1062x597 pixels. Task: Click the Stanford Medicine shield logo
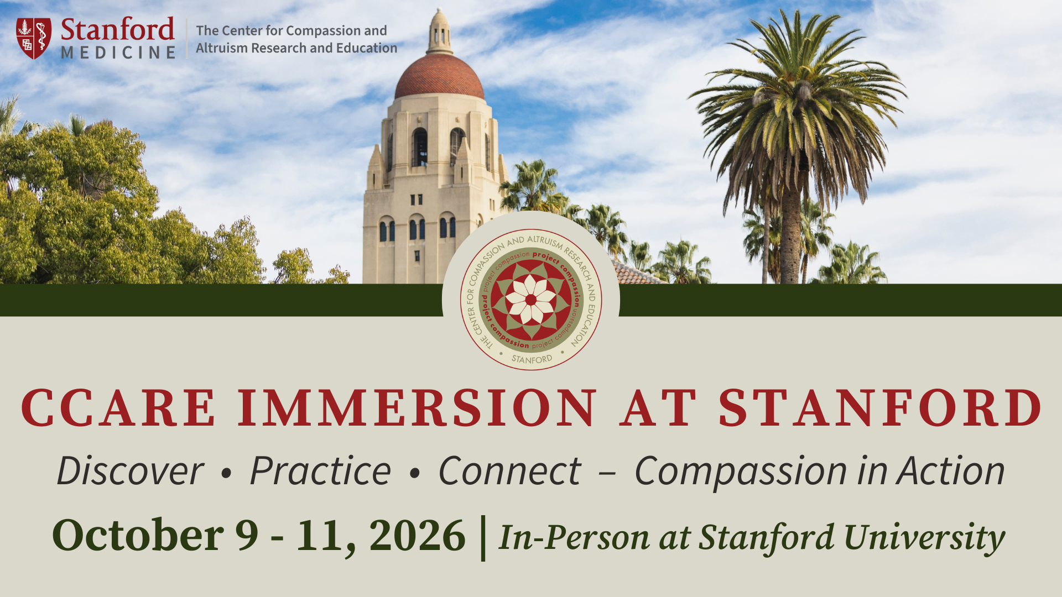click(x=34, y=38)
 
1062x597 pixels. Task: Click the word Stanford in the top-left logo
click(x=117, y=29)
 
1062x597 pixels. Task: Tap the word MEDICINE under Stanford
click(x=118, y=53)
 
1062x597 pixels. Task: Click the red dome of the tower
click(x=439, y=77)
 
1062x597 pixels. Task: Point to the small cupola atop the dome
click(x=439, y=32)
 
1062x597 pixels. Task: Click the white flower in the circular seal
click(x=531, y=300)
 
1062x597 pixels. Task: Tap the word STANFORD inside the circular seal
click(x=532, y=359)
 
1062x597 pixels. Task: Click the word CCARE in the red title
click(x=118, y=408)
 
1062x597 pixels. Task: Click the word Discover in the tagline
click(x=131, y=471)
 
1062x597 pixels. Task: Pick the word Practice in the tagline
click(x=321, y=471)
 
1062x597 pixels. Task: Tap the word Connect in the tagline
click(x=509, y=471)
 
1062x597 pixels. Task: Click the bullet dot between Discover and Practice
click(x=226, y=473)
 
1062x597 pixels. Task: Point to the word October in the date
click(x=138, y=536)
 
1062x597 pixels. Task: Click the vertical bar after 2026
click(x=483, y=538)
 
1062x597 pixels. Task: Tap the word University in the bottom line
click(x=924, y=538)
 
